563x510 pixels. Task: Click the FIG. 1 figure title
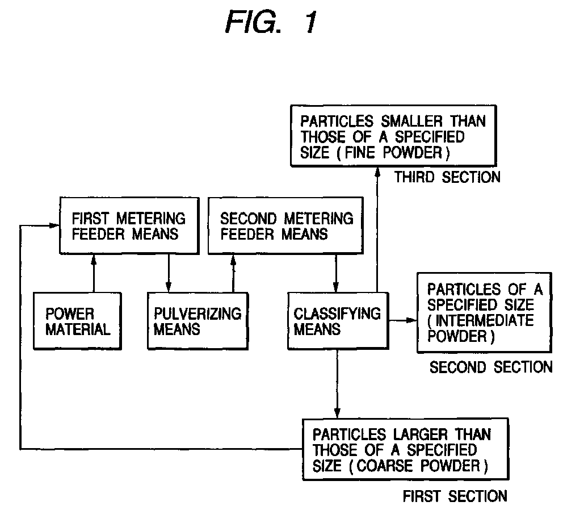pyautogui.click(x=271, y=22)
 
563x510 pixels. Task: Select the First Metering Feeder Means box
pyautogui.click(x=129, y=225)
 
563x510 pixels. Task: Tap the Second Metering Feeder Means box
pyautogui.click(x=286, y=225)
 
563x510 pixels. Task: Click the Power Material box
pyautogui.click(x=78, y=321)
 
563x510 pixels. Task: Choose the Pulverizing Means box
pyautogui.click(x=198, y=321)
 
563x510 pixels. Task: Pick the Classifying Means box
pyautogui.click(x=338, y=321)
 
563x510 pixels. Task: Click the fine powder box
pyautogui.click(x=393, y=136)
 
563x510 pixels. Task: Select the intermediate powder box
pyautogui.click(x=484, y=313)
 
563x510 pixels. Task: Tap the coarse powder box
pyautogui.click(x=406, y=449)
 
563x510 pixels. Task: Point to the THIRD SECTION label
pyautogui.click(x=447, y=177)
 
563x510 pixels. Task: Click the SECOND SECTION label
pyautogui.click(x=491, y=367)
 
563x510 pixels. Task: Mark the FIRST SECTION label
pyautogui.click(x=455, y=496)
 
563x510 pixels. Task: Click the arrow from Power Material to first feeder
pyautogui.click(x=94, y=273)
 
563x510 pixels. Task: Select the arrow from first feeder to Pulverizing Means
pyautogui.click(x=168, y=273)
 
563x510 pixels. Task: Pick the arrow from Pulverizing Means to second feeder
pyautogui.click(x=233, y=273)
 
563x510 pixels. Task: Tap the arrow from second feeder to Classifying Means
pyautogui.click(x=336, y=273)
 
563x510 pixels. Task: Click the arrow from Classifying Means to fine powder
pyautogui.click(x=377, y=229)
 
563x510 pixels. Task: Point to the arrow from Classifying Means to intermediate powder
pyautogui.click(x=402, y=320)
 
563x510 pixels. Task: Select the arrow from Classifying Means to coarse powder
pyautogui.click(x=337, y=384)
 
